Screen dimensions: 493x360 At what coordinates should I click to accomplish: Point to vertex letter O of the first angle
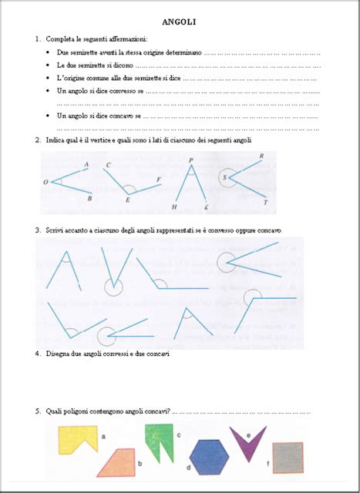(x=46, y=183)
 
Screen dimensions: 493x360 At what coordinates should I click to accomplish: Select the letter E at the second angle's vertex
(x=128, y=200)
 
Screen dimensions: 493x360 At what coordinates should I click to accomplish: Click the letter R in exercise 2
(x=263, y=156)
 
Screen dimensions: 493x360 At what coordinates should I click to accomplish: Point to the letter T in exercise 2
(x=266, y=203)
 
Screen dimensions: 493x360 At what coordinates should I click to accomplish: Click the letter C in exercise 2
(x=108, y=166)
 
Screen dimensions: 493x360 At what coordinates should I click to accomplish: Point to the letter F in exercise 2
(x=159, y=179)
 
